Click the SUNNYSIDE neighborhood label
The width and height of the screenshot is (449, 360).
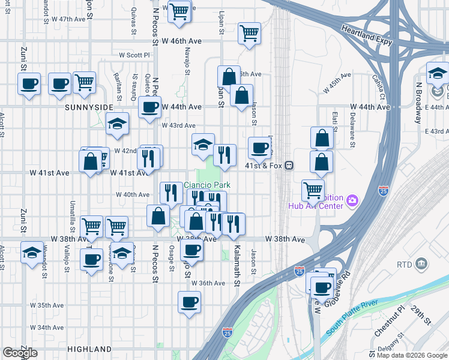88,107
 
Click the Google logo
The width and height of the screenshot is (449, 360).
20,353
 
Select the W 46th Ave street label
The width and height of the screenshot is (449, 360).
181,41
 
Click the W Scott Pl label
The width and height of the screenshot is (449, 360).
134,54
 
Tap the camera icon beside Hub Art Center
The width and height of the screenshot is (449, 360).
353,200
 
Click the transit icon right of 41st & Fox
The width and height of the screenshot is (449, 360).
289,165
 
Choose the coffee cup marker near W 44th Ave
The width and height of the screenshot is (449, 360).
149,107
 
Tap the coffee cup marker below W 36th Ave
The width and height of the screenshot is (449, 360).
189,301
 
